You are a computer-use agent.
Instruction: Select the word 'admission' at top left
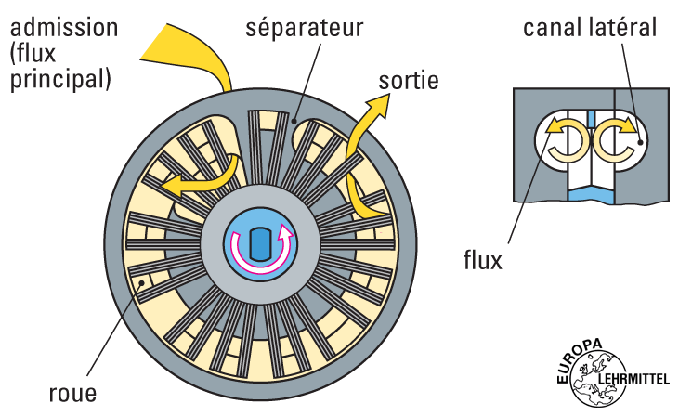[64, 25]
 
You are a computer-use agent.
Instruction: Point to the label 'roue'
[72, 393]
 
